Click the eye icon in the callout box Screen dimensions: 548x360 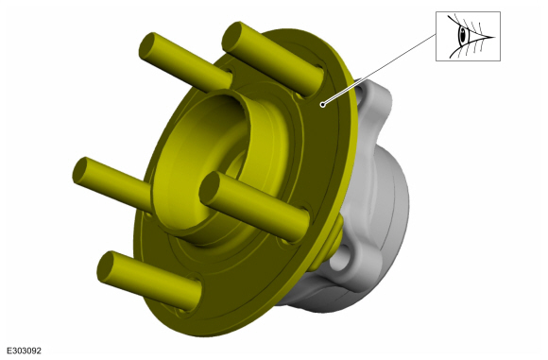tap(471, 36)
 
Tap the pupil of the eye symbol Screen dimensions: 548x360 tap(463, 35)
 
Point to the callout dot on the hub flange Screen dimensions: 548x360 tap(322, 104)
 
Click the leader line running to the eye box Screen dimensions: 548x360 tap(379, 69)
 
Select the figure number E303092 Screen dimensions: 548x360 tap(25, 351)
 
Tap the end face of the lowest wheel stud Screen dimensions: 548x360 tap(106, 266)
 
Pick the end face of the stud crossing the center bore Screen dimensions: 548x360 tap(210, 187)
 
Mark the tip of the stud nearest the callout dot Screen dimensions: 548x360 tap(231, 36)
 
